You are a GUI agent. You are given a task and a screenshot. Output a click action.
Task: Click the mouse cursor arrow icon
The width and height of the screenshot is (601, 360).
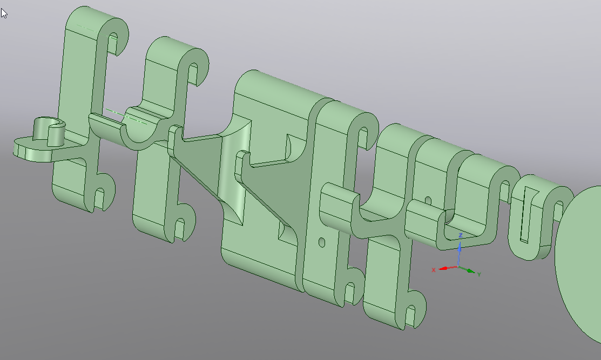pyautogui.click(x=4, y=13)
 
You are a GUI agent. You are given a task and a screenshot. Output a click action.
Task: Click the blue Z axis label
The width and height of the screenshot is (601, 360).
pyautogui.click(x=460, y=235)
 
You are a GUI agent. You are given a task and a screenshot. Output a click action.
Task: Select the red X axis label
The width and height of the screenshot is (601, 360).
pyautogui.click(x=434, y=270)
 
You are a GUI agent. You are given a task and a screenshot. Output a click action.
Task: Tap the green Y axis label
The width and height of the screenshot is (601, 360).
pyautogui.click(x=479, y=274)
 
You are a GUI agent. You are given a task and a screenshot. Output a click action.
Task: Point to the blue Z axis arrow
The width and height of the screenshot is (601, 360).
pyautogui.click(x=459, y=252)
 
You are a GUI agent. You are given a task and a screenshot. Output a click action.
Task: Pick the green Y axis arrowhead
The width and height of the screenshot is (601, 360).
pyautogui.click(x=471, y=271)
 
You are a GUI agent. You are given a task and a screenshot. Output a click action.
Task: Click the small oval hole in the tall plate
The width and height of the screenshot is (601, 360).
pyautogui.click(x=322, y=242)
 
